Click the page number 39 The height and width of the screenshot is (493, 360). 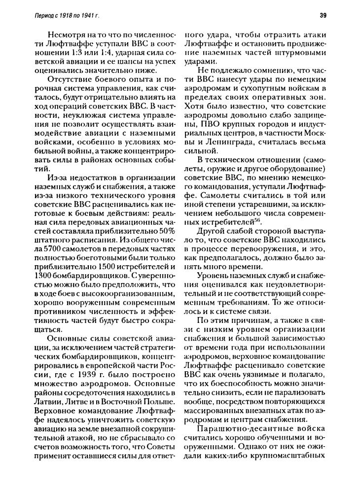click(323, 15)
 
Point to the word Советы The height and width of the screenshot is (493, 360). click(159, 454)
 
